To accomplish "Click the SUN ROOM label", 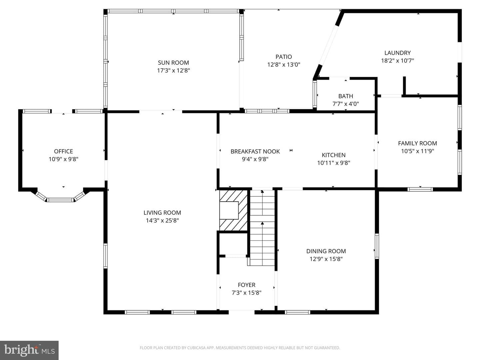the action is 173,63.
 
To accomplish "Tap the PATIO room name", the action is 284,57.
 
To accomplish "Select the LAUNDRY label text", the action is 398,53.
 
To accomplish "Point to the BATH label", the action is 346,96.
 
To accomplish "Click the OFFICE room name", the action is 63,151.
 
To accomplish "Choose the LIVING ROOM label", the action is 162,213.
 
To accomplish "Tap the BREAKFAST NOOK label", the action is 255,151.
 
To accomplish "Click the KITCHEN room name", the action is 334,155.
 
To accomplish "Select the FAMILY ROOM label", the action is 417,143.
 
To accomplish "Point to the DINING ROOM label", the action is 326,251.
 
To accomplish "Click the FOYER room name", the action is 247,285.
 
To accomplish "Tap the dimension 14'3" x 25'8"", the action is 162,221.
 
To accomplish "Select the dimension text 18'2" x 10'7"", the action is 398,61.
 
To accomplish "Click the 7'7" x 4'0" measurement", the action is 346,104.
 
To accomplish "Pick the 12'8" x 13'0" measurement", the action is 284,65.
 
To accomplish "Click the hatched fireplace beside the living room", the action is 233,210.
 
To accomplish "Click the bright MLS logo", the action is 29,350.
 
